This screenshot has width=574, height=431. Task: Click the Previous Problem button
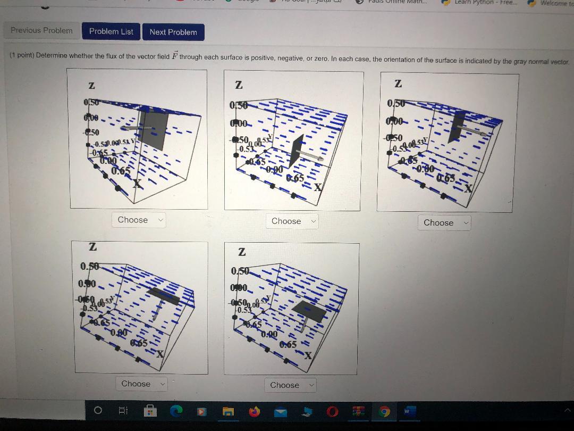41,31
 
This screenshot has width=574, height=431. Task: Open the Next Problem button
173,32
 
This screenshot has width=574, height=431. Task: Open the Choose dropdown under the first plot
139,220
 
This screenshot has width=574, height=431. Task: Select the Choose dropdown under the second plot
291,221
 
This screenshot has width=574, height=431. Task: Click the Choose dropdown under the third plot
444,223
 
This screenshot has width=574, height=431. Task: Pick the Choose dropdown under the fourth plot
141,384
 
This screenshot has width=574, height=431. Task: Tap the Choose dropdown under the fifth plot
290,385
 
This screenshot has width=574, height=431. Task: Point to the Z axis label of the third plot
398,84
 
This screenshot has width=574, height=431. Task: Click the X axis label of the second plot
318,187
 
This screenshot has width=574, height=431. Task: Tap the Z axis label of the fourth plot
92,247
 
